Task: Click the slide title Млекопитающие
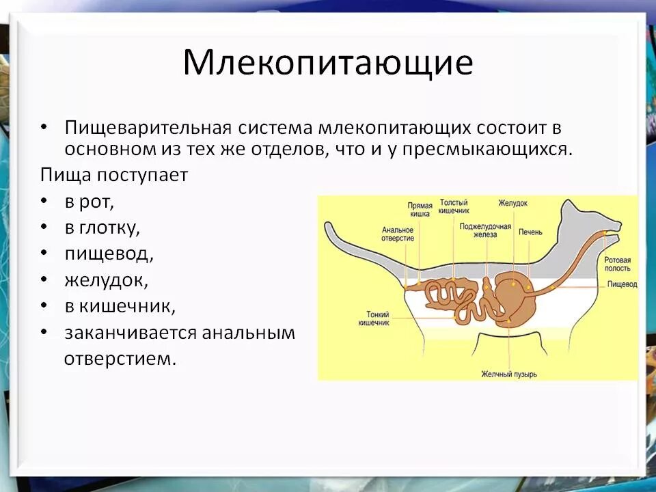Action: pyautogui.click(x=327, y=64)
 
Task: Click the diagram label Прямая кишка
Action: pyautogui.click(x=420, y=209)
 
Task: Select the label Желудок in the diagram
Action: pyautogui.click(x=512, y=203)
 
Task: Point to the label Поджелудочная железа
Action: pyautogui.click(x=485, y=229)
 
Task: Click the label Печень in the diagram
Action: pyautogui.click(x=530, y=232)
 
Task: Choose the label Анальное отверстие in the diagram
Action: pyautogui.click(x=398, y=234)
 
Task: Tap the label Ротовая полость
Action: pyautogui.click(x=617, y=265)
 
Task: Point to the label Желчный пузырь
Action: pyautogui.click(x=509, y=374)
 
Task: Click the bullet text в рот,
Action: pyautogui.click(x=90, y=202)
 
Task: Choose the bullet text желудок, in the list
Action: pyautogui.click(x=107, y=279)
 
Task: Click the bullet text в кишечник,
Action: pyautogui.click(x=120, y=306)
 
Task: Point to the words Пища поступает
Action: pyautogui.click(x=113, y=174)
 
